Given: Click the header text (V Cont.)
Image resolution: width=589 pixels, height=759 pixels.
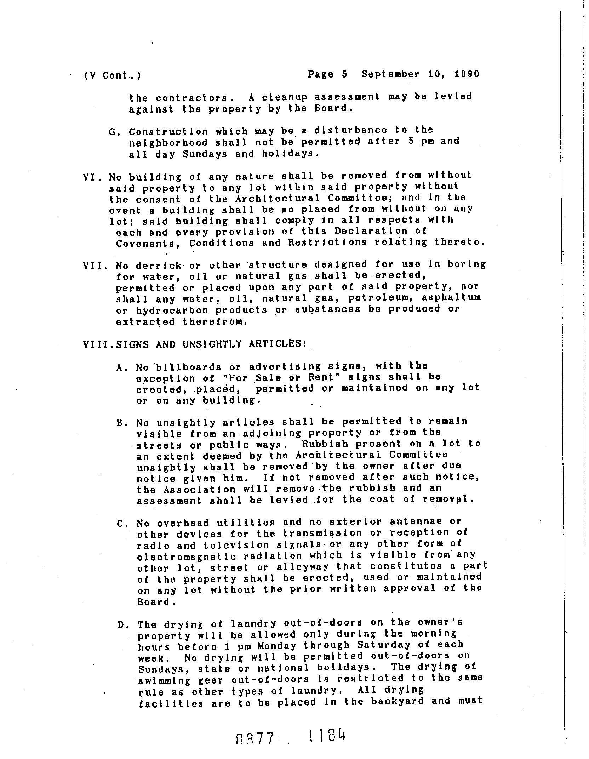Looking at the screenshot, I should [x=112, y=76].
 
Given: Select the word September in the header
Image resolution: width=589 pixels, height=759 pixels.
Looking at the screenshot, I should [x=390, y=74].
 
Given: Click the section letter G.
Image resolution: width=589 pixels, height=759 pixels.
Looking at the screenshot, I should [x=113, y=132].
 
